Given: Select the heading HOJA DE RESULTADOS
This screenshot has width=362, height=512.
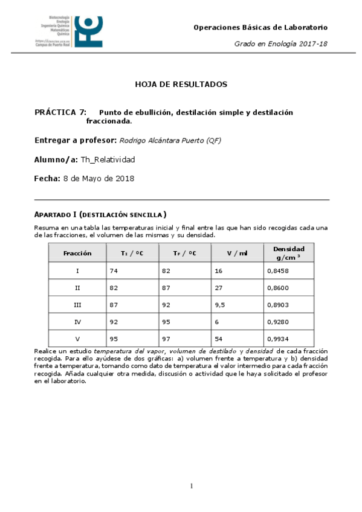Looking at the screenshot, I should pos(181,84).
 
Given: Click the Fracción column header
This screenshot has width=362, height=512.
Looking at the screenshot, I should pos(77,253).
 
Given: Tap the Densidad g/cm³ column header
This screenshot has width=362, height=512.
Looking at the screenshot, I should pos(288,252).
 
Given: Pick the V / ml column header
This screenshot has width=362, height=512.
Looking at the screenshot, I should pos(238,253).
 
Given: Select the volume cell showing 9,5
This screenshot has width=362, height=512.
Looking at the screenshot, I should pos(220,305).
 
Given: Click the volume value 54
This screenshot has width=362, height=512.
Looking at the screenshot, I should pos(219,339).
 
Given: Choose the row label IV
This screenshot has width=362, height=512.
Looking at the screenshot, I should pos(77,322).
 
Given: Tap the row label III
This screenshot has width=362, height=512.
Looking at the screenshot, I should pos(77,305).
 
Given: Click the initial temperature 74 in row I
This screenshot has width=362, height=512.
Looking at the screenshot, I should pos(114,271).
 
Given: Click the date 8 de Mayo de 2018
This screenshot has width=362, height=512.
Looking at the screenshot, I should pos(99,179).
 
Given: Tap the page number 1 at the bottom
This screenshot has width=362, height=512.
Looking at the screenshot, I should pos(192,486).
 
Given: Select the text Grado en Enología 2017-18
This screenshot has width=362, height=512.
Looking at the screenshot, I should pos(280,44).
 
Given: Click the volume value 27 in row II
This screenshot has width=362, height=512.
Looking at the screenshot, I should pos(219,289).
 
